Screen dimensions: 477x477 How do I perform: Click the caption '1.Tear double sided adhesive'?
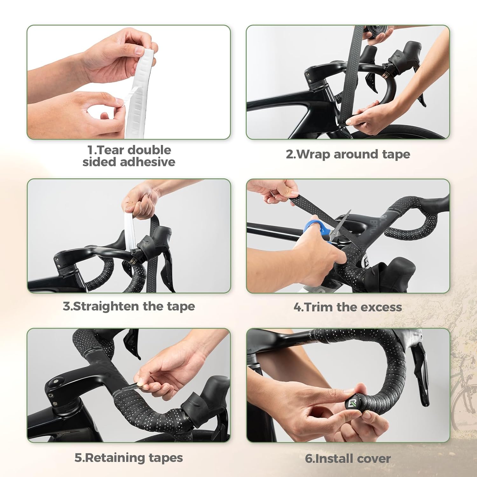coord(129,156)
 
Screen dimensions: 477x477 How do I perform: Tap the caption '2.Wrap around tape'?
coord(348,154)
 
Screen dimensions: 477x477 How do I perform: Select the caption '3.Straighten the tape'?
coord(129,306)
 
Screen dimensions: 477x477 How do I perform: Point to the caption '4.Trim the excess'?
coord(348,307)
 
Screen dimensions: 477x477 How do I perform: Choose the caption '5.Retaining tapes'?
coord(129,458)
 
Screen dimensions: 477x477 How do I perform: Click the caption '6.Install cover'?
coord(348,459)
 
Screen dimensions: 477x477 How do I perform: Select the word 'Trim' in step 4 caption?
coord(317,307)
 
